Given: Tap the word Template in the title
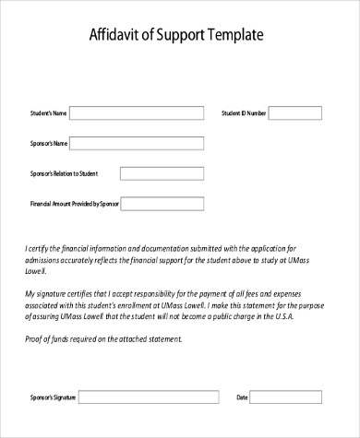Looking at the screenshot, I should [x=234, y=36].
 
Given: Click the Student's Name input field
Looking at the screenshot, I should [x=137, y=113].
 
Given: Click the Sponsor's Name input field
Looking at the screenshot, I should [x=137, y=143].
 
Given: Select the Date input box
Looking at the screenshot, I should [x=288, y=397].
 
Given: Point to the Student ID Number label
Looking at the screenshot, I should [x=244, y=113].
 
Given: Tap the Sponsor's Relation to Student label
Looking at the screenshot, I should [x=65, y=172].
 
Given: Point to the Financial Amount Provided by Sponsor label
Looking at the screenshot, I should [x=74, y=203].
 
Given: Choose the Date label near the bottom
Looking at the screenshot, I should [x=243, y=397].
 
